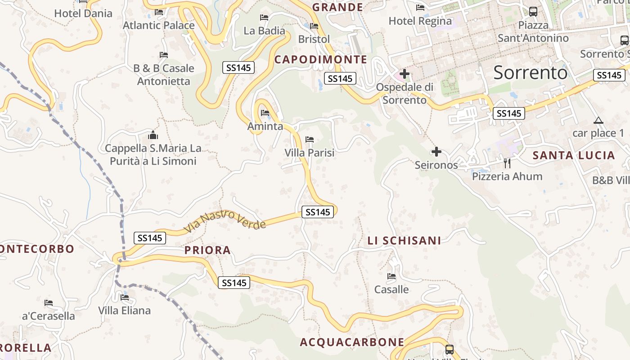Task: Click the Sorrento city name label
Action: pos(530,72)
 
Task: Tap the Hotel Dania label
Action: pos(83,13)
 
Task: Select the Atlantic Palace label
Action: pos(158,25)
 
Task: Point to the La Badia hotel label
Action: pos(264,31)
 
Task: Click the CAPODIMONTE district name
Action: pos(321,59)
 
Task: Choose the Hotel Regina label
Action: pos(420,21)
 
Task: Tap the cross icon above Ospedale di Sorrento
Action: pos(405,73)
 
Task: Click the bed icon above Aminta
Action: pos(265,112)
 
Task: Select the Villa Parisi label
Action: pos(310,153)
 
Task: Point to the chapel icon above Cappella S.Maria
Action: pos(153,135)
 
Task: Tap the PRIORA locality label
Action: pos(207,250)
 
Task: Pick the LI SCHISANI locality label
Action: pos(404,241)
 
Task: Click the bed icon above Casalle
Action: pos(391,276)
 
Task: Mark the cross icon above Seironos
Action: pos(436,152)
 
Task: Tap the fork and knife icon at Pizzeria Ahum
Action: pos(507,163)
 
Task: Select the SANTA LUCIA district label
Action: pos(574,156)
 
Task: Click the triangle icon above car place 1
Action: pos(598,120)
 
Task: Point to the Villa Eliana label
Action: pos(125,310)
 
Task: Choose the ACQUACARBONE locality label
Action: pos(352,342)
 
